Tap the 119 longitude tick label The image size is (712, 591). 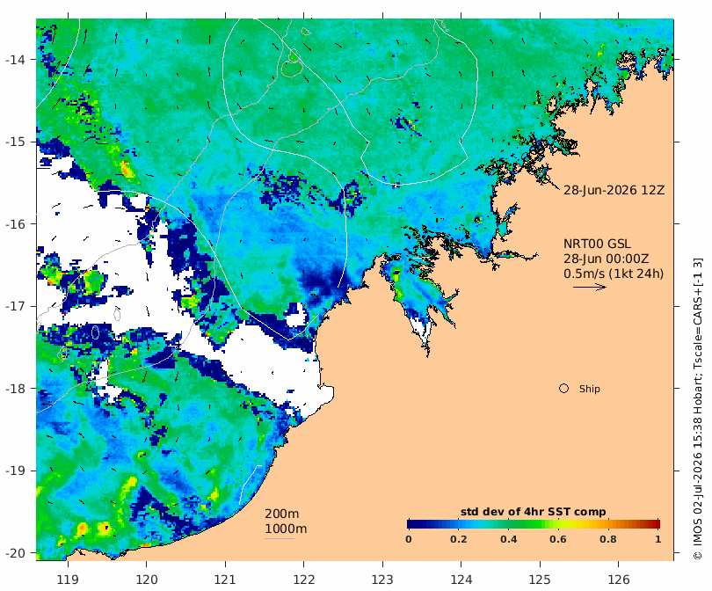tap(68, 580)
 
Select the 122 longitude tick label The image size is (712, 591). tap(304, 580)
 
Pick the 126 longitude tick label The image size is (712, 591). tap(619, 580)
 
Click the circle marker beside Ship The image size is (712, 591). tap(563, 389)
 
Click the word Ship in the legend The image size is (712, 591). tap(590, 389)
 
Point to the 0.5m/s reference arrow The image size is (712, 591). tap(590, 287)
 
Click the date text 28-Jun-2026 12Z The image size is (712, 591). tap(614, 190)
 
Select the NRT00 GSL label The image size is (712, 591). tap(597, 244)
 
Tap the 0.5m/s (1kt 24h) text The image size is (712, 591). tap(614, 274)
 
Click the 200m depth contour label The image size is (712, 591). tap(281, 514)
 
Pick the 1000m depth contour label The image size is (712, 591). tap(286, 529)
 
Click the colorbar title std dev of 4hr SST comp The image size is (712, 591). tap(533, 512)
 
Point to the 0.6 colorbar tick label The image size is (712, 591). tap(558, 539)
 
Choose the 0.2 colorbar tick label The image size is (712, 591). tap(458, 539)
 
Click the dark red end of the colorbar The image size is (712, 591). tap(657, 524)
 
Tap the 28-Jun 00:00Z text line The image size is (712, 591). tap(607, 259)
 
